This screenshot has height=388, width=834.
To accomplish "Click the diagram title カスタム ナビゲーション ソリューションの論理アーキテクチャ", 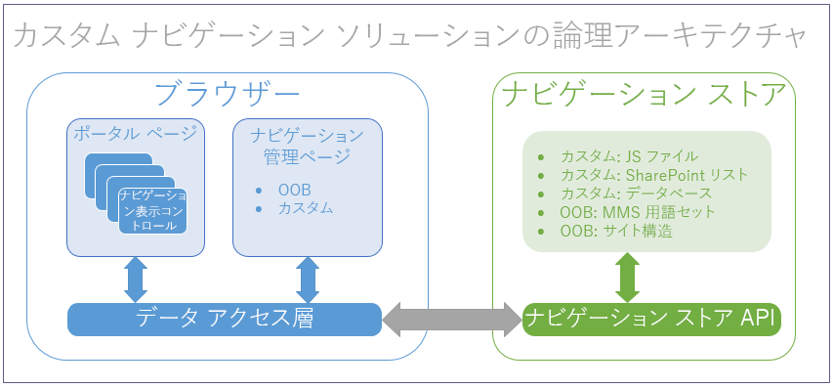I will pos(411,36).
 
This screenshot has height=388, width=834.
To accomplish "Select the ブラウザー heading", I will pos(228,96).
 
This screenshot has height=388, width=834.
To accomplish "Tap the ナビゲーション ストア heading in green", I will pos(645,96).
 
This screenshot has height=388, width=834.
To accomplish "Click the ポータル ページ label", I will pos(135,134).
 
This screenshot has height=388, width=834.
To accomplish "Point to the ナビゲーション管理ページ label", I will pos(306,145).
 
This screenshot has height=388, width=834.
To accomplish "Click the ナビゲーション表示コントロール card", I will pos(151,210).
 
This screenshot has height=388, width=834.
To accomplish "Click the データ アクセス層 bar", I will pos(225,318).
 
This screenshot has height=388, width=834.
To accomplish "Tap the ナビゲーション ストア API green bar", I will pos(652,319).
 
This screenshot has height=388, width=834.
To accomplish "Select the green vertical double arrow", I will pos(626,277).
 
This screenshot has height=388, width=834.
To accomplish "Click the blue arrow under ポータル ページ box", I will pos(136,280).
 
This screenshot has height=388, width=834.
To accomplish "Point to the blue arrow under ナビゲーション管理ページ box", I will pos(307,280).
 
